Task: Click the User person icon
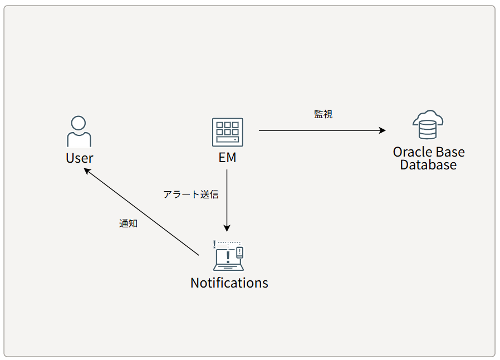click(x=79, y=131)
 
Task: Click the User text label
click(x=80, y=158)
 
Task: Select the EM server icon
click(x=227, y=132)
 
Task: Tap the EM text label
click(x=227, y=157)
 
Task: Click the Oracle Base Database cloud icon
click(x=428, y=124)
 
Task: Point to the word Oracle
click(x=413, y=152)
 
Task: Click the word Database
click(x=428, y=165)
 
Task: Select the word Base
click(x=450, y=152)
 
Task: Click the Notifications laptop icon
click(x=228, y=256)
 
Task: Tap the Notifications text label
click(x=229, y=283)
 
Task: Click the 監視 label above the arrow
click(x=323, y=114)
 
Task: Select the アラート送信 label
click(x=191, y=194)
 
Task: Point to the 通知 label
click(x=128, y=223)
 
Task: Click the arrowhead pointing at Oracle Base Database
click(x=383, y=130)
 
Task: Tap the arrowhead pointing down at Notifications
click(x=227, y=228)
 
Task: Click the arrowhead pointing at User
click(x=87, y=171)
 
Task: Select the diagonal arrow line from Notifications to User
click(x=141, y=212)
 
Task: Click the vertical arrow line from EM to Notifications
click(x=227, y=201)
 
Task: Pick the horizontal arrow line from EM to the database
click(x=322, y=130)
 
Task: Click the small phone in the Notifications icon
click(x=240, y=252)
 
